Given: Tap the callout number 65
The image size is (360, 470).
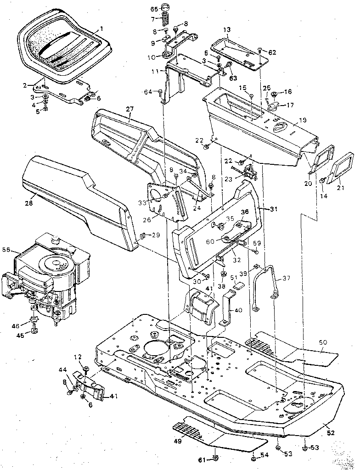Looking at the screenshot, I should tap(154, 9).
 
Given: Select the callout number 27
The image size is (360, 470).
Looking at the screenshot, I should tap(129, 109).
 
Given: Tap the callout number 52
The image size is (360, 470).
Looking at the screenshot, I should tap(331, 432).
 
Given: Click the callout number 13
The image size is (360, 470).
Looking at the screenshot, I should tap(226, 30).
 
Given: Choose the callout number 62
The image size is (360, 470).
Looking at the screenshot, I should tap(272, 52).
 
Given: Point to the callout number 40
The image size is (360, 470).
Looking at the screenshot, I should tap(238, 310).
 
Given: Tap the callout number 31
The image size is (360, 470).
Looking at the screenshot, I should tap(275, 209).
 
